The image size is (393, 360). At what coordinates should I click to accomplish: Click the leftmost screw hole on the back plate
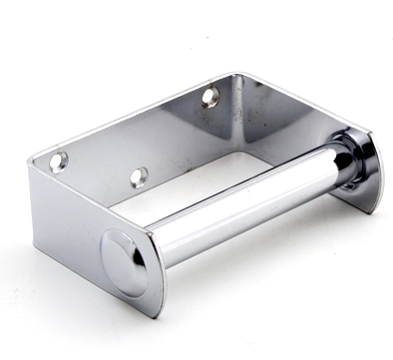pyautogui.click(x=59, y=160)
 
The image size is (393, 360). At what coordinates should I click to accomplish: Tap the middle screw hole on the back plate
pyautogui.click(x=139, y=177)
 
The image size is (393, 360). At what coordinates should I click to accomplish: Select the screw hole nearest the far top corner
pyautogui.click(x=209, y=97)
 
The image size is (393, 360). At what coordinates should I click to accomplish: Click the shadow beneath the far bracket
pyautogui.click(x=339, y=214)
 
